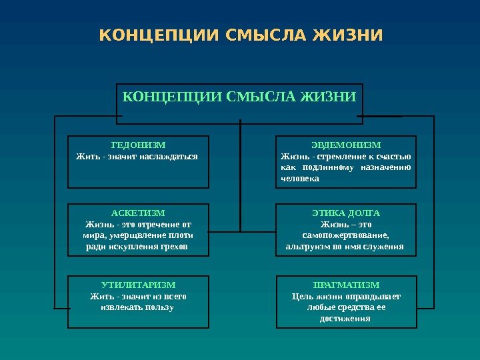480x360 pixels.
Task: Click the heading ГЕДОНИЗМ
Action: [138, 145]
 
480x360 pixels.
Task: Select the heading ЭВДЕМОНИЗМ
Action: [346, 145]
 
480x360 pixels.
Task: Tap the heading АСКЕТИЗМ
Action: [138, 213]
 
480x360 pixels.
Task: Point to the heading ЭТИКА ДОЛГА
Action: [346, 213]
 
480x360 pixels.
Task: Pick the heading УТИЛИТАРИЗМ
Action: [138, 285]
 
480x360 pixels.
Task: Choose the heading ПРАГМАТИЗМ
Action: [346, 285]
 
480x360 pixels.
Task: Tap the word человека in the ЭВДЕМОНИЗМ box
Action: [299, 179]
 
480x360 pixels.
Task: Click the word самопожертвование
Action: [346, 235]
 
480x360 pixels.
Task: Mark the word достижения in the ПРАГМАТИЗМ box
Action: [346, 319]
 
